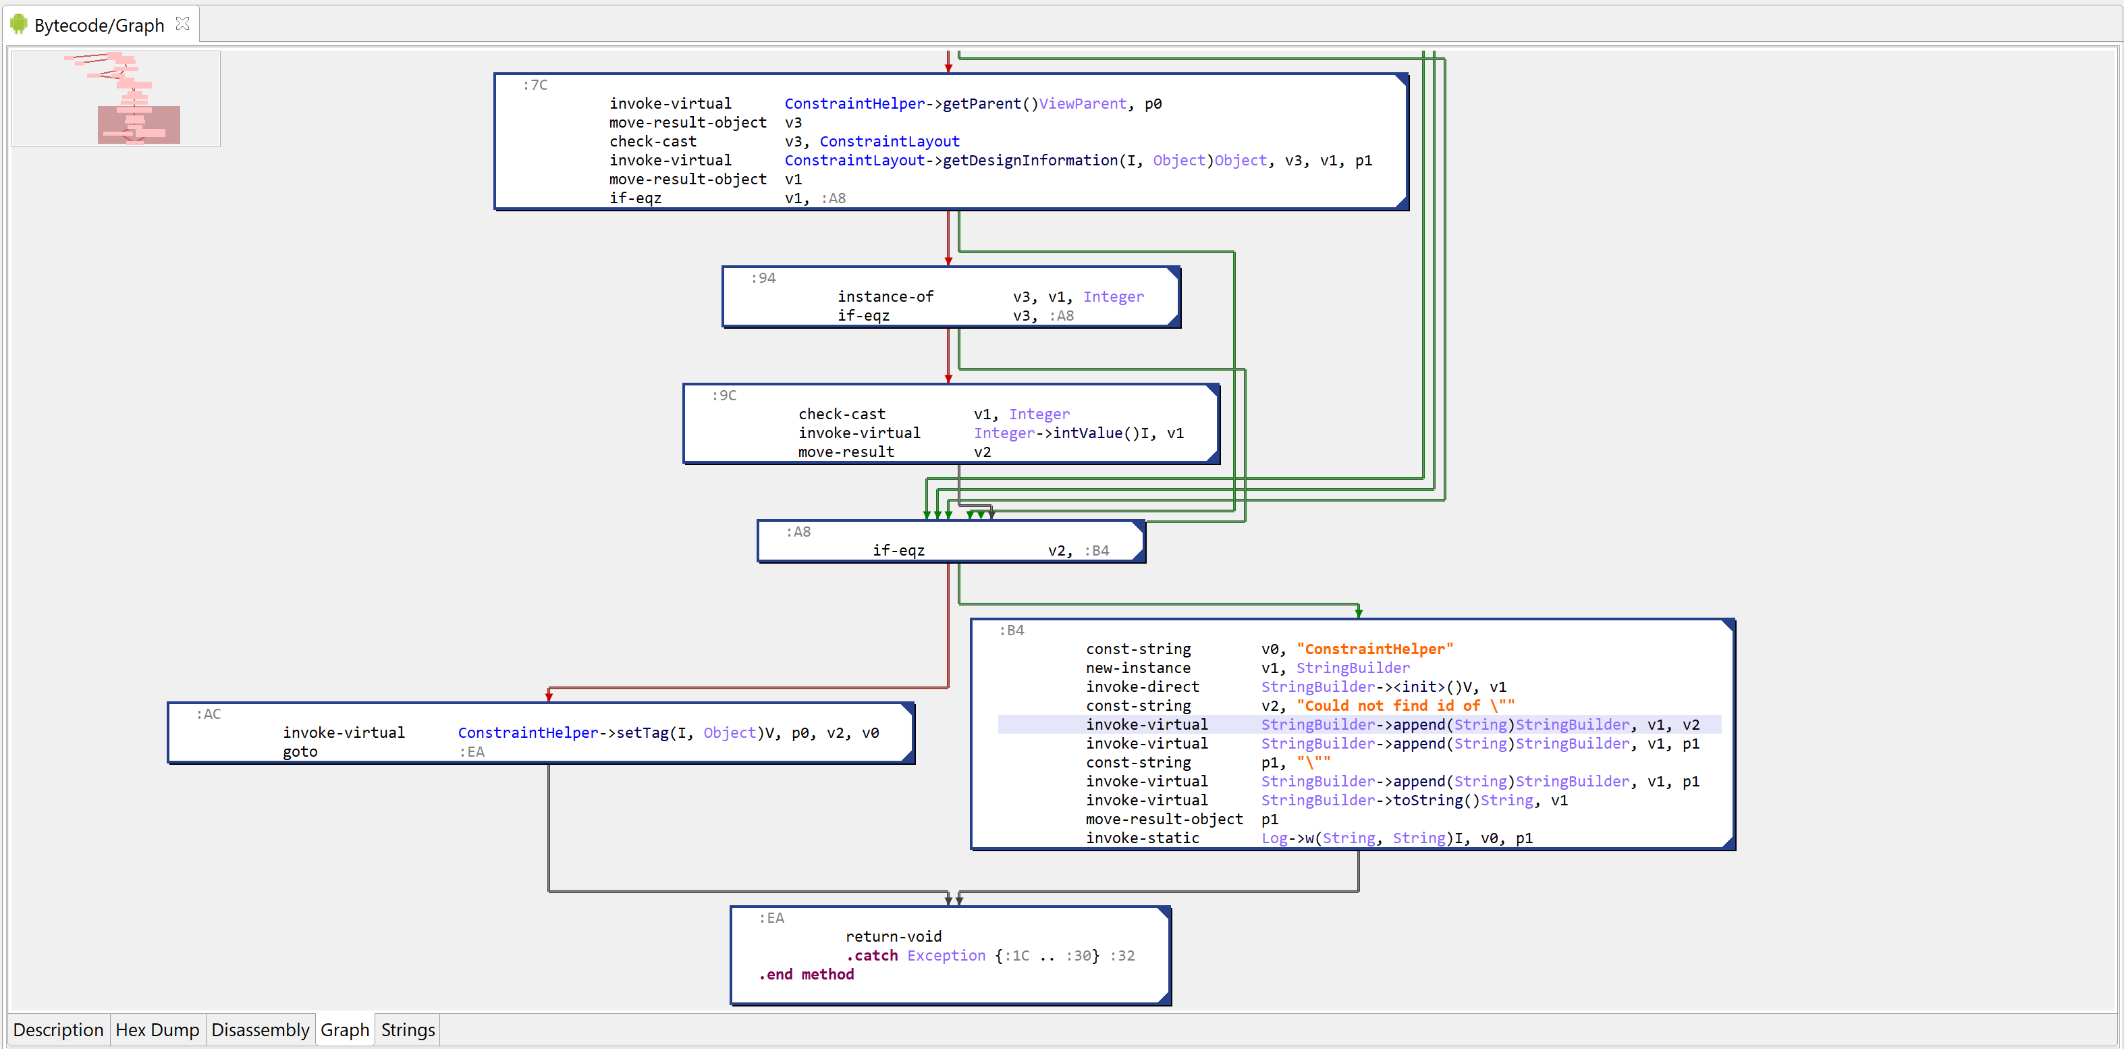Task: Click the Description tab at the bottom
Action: tap(59, 1030)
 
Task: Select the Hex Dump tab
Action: tap(157, 1030)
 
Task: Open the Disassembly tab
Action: tap(261, 1030)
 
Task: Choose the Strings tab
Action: tap(408, 1030)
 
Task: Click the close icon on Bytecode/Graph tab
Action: tap(183, 24)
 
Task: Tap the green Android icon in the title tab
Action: tap(19, 24)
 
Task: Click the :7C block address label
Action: tap(535, 85)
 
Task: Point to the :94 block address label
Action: tap(763, 278)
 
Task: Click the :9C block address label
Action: tap(724, 395)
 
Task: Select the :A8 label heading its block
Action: tap(798, 532)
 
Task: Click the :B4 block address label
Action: tap(1012, 630)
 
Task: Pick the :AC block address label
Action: tap(209, 714)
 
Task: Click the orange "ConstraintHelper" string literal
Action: tap(1376, 649)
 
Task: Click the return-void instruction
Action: tap(894, 937)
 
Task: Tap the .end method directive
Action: tap(807, 975)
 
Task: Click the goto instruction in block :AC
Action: tap(300, 752)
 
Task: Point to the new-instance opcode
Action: tap(1139, 668)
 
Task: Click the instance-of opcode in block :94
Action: tap(886, 297)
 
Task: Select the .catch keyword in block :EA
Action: tap(871, 956)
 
